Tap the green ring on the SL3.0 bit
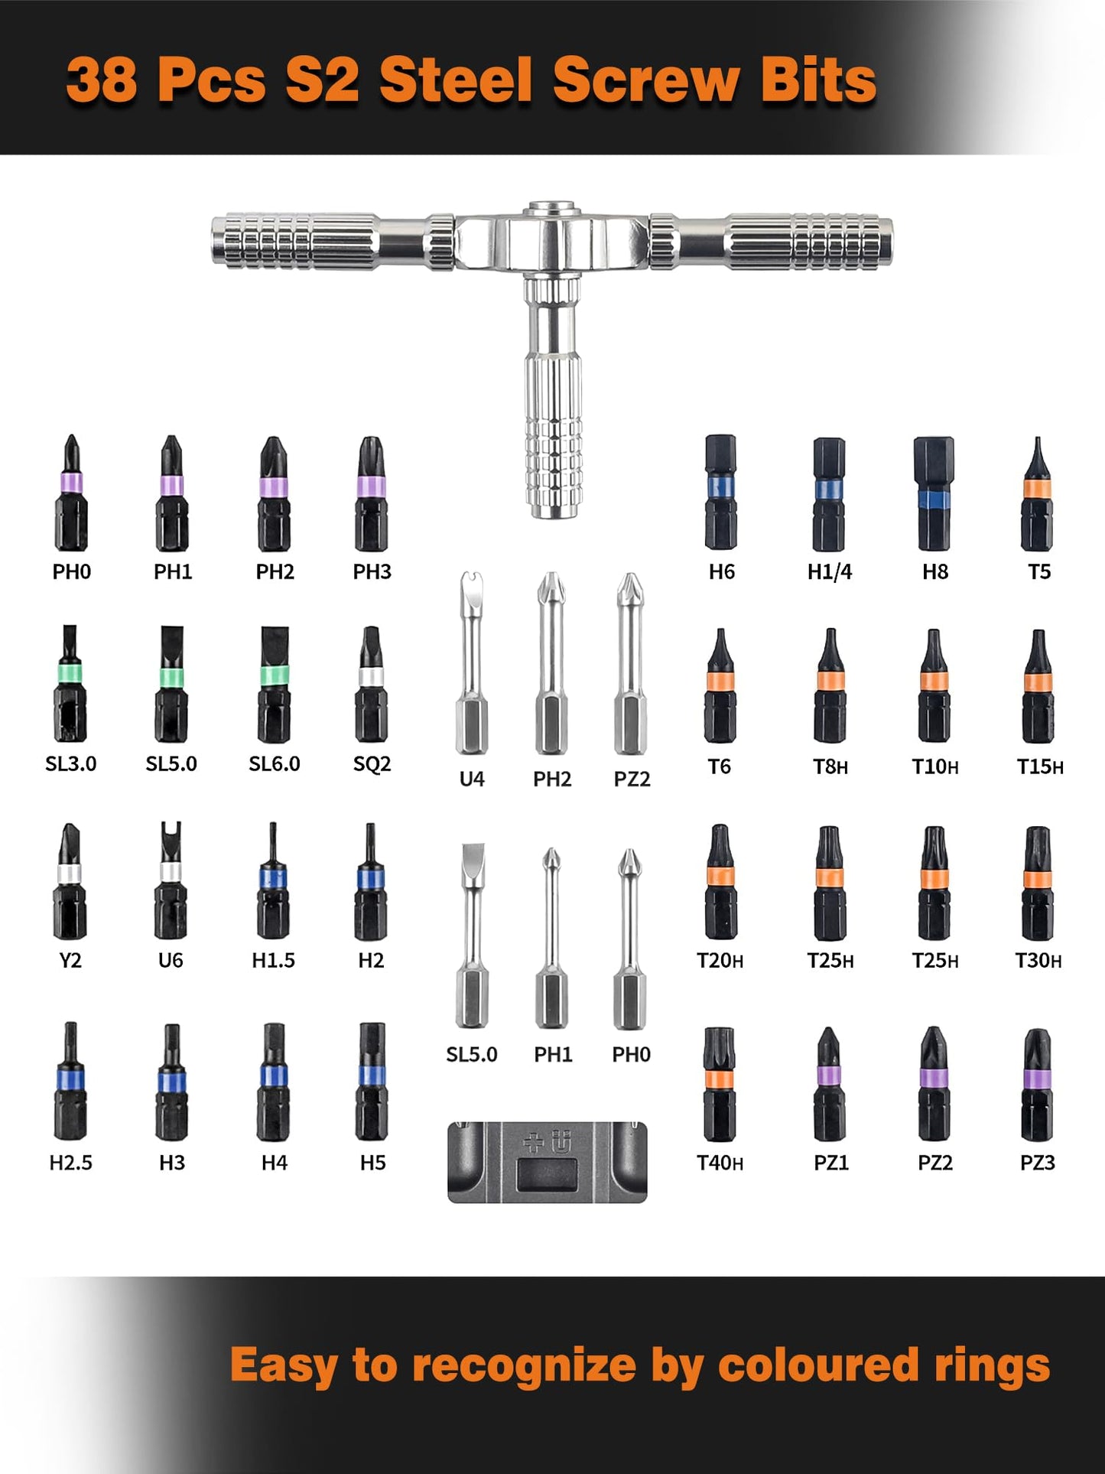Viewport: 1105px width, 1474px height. point(70,672)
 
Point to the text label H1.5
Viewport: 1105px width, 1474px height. point(273,960)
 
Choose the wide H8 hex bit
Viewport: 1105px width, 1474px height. point(934,493)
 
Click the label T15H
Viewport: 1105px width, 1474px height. point(1039,766)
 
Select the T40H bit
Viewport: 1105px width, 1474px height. point(720,1084)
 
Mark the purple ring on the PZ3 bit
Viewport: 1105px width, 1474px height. point(1037,1079)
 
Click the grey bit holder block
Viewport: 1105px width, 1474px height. point(547,1162)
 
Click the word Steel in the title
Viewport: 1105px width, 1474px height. point(456,80)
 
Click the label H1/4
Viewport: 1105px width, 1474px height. point(830,571)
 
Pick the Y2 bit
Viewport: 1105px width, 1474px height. point(69,880)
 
